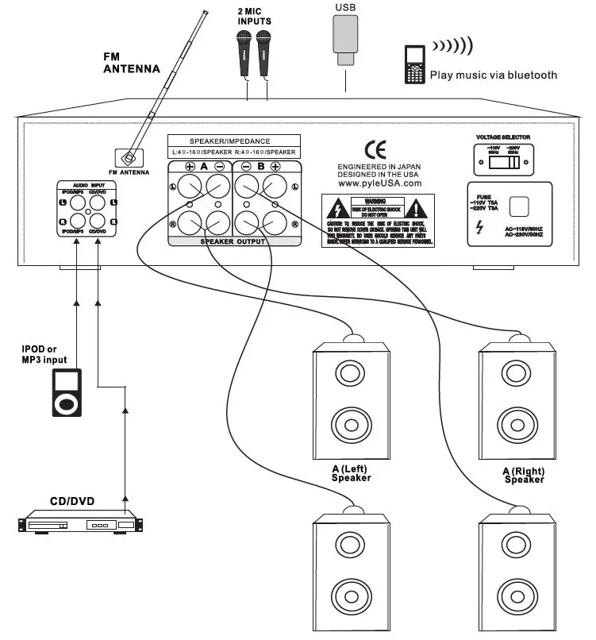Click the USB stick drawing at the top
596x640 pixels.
tap(345, 40)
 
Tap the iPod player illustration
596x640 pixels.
tap(66, 392)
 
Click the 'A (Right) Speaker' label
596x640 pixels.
tap(523, 475)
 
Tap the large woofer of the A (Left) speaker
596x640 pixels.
tap(351, 421)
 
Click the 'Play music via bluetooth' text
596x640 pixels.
tap(493, 75)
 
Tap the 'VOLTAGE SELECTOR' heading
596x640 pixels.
tap(502, 137)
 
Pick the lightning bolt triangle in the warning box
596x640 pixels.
tap(338, 210)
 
